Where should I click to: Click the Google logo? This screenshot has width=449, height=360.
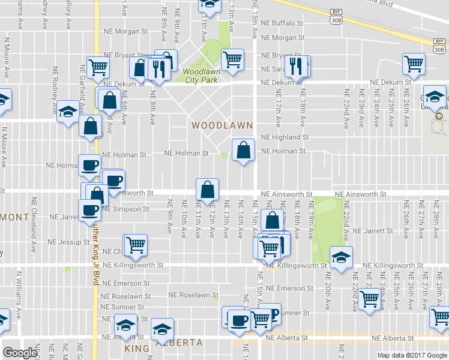point(20,352)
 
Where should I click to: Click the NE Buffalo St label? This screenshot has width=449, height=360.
point(284,23)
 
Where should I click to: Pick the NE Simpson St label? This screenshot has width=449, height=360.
point(125,209)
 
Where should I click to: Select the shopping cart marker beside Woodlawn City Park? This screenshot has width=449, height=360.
point(232,59)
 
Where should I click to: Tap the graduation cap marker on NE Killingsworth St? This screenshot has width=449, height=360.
point(341,257)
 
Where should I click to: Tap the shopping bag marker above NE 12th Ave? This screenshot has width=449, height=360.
point(206,190)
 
